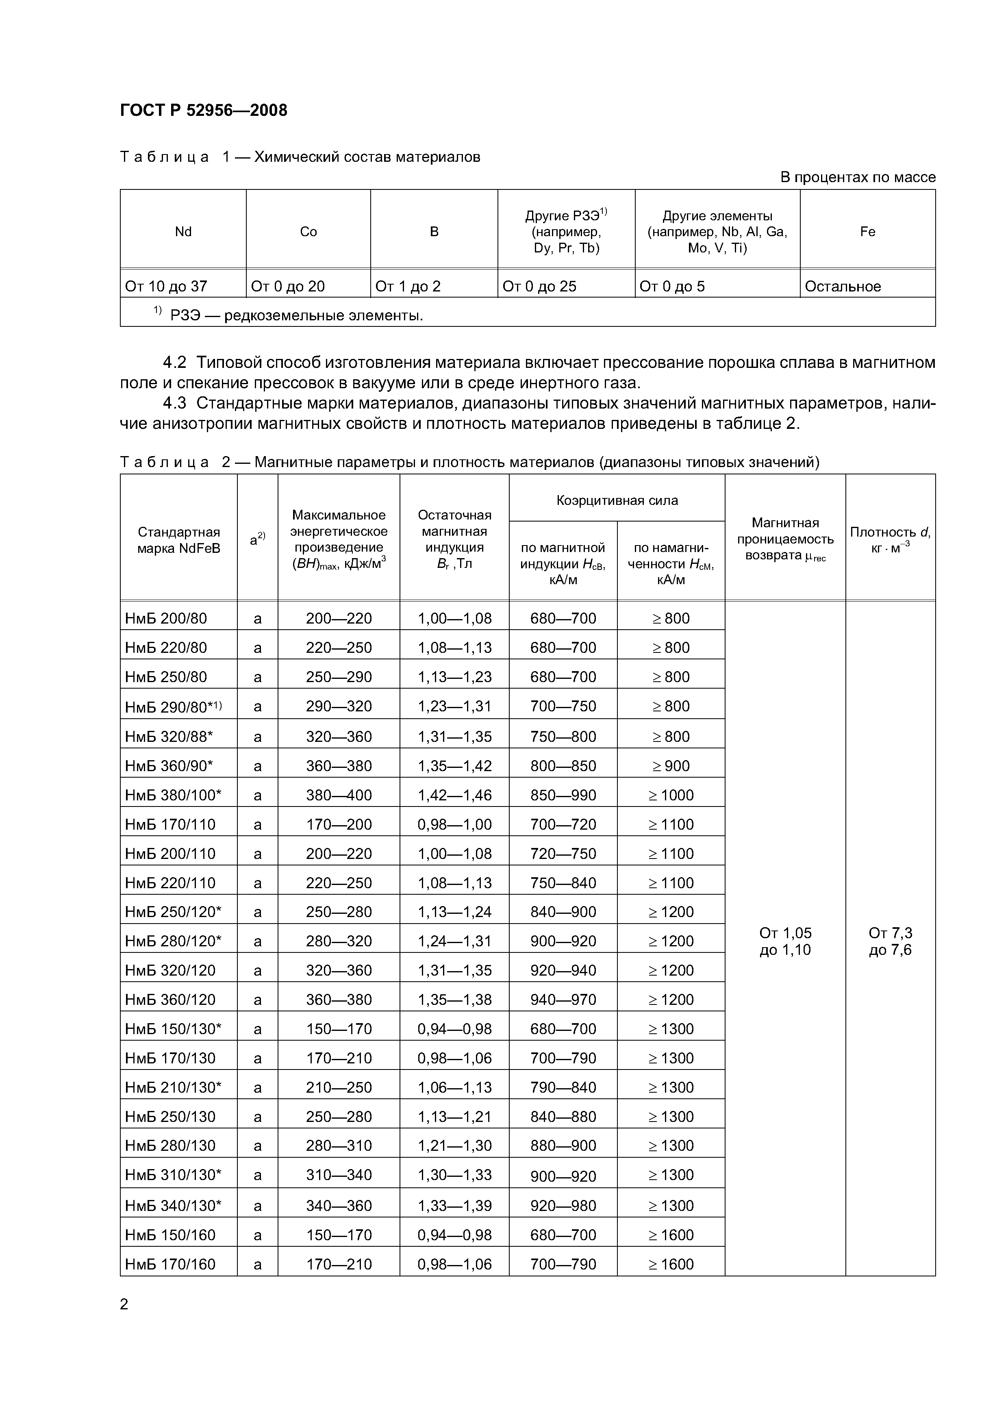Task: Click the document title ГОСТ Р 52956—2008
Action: click(203, 111)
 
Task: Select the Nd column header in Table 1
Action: click(183, 232)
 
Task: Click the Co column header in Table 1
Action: click(308, 232)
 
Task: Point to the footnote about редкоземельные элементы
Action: click(289, 315)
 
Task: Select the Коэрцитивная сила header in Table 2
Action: click(617, 500)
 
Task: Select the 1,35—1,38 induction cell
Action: click(455, 999)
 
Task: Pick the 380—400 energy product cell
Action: click(339, 795)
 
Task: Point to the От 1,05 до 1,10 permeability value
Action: click(785, 941)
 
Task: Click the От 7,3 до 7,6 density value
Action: click(890, 941)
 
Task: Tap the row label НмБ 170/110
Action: click(170, 824)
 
